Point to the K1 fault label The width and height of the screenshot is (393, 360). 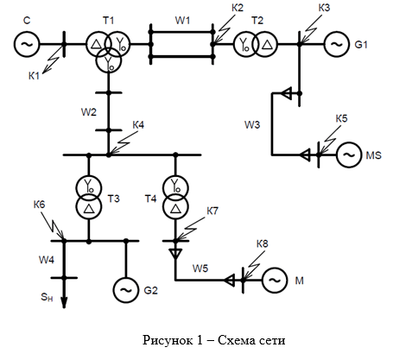(x=34, y=76)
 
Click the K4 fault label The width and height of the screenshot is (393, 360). (x=138, y=125)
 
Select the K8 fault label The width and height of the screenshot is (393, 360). (x=263, y=243)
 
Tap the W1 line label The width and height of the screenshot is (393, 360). (x=182, y=21)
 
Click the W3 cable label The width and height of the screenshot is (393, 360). (x=252, y=124)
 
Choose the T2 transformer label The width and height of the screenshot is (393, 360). (x=257, y=21)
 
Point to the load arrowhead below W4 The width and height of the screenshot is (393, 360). (x=64, y=302)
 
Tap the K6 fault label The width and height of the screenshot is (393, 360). (x=39, y=205)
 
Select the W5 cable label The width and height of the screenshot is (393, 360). (x=200, y=268)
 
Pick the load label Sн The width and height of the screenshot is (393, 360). (x=47, y=297)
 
